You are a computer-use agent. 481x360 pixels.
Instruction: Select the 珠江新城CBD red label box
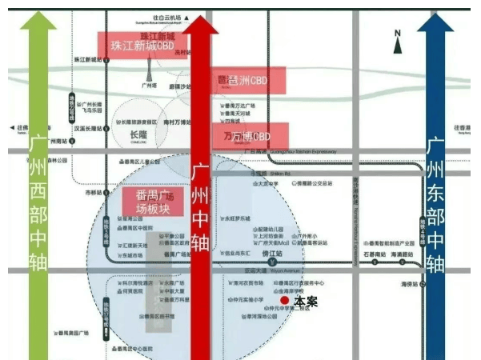tap(142, 46)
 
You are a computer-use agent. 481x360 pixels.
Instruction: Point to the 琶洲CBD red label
tap(241, 81)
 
